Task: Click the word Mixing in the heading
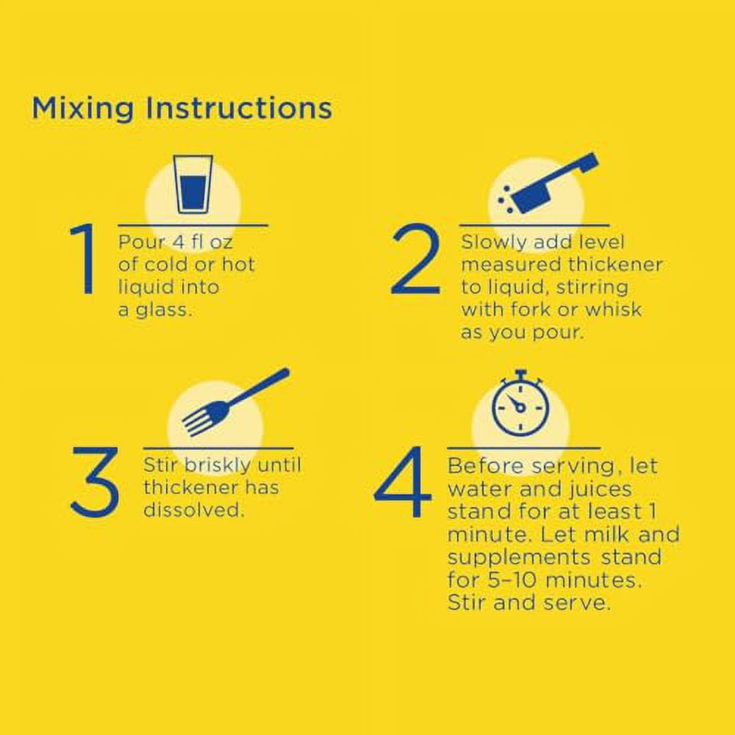click(82, 108)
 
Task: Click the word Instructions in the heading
click(239, 108)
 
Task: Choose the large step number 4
click(403, 481)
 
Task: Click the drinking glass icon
click(193, 184)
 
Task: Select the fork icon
click(235, 401)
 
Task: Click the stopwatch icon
click(520, 404)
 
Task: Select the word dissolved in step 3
click(194, 509)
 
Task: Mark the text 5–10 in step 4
click(512, 580)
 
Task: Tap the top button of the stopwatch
click(520, 373)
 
